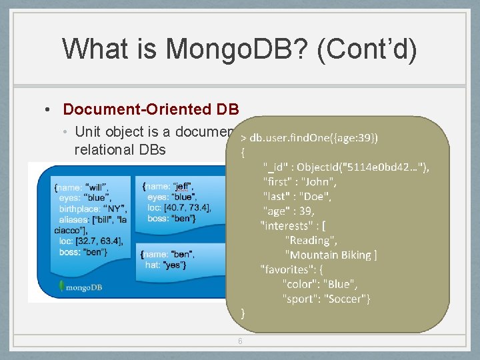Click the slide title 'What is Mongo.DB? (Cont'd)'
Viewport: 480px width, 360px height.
tap(239, 49)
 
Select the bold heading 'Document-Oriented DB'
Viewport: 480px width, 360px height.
tap(150, 109)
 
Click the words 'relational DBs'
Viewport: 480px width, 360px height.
tap(120, 149)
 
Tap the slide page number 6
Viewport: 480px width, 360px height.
tap(240, 341)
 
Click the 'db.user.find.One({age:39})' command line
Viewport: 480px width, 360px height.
tap(314, 137)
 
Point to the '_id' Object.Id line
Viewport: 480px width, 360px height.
tap(345, 167)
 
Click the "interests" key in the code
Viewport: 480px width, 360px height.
tap(288, 225)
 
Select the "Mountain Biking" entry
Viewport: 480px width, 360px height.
tap(330, 255)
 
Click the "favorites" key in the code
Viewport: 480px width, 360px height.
tap(288, 269)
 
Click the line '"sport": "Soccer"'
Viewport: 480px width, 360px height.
tap(326, 299)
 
